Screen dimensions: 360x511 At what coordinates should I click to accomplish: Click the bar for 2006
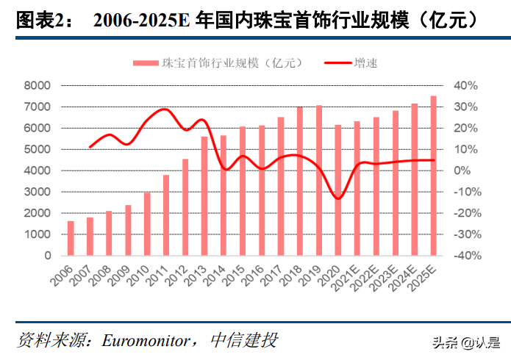pyautogui.click(x=71, y=239)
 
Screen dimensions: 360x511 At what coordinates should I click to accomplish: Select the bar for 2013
pyautogui.click(x=204, y=196)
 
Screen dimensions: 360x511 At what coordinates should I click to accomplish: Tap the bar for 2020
pyautogui.click(x=338, y=190)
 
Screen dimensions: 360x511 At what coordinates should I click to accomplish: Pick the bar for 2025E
pyautogui.click(x=433, y=176)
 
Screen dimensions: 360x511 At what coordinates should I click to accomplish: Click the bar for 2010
pyautogui.click(x=147, y=225)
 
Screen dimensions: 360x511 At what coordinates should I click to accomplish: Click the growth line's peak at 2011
pyautogui.click(x=165, y=109)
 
